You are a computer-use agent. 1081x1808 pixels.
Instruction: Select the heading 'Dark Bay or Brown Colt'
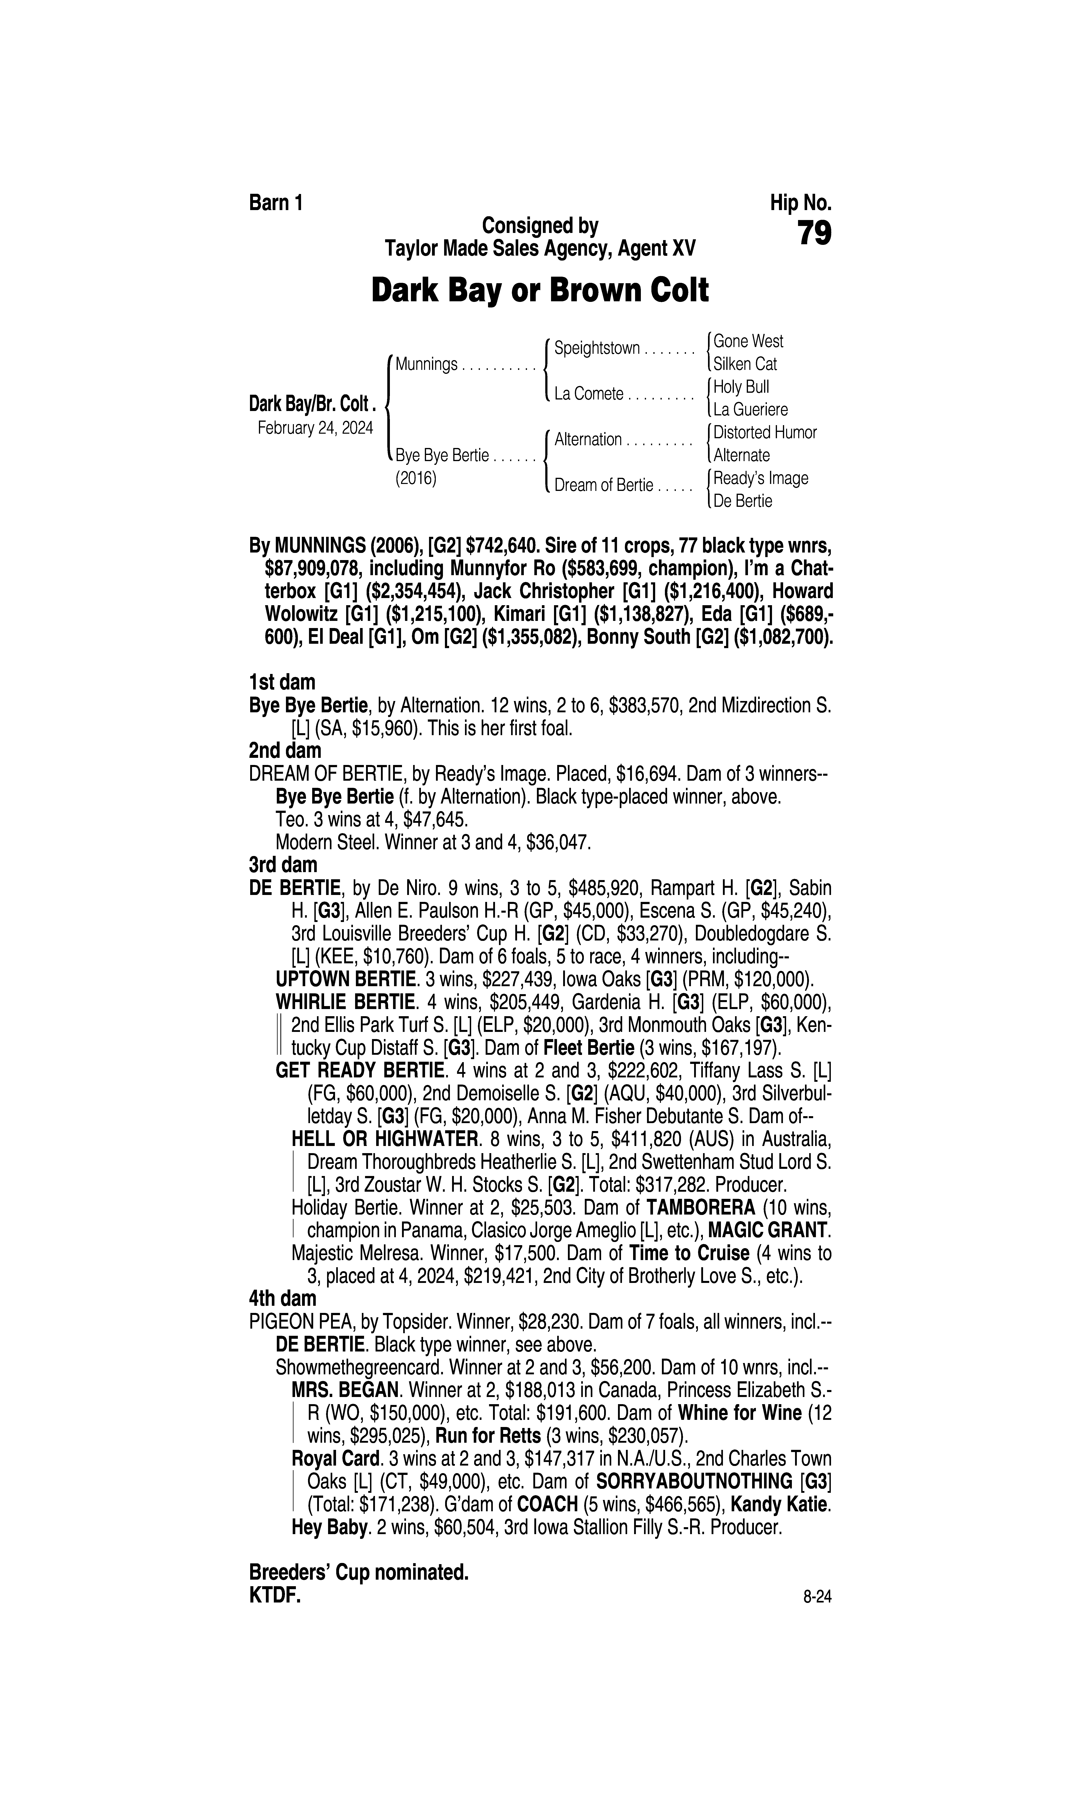540,291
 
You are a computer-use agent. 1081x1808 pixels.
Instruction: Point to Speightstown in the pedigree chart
597,348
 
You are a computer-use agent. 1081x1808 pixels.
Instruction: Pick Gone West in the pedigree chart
748,341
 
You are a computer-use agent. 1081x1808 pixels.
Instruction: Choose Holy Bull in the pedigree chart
741,387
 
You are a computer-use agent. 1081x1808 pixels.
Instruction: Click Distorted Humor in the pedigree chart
765,433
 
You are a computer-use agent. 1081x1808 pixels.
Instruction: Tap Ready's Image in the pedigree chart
760,479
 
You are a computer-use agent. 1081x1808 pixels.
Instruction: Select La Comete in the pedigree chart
589,394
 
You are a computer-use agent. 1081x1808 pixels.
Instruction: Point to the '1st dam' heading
282,682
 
